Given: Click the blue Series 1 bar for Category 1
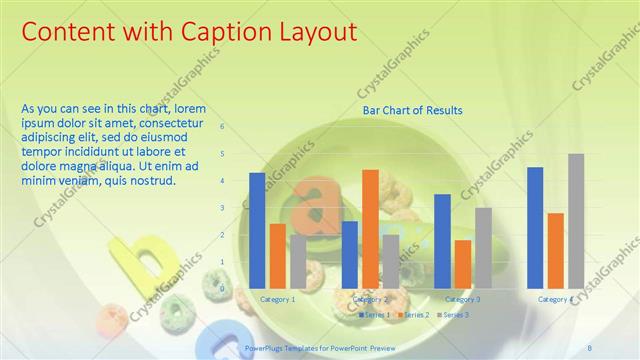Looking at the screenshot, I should click(257, 230).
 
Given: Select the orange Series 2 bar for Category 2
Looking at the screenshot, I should click(370, 228).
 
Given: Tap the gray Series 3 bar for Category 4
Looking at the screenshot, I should click(576, 220).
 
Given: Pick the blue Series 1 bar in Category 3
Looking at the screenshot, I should click(442, 240).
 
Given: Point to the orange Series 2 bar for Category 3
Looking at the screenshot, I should click(462, 263).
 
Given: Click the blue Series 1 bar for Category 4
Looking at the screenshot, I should click(535, 227).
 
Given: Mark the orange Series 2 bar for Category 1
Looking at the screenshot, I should click(278, 255).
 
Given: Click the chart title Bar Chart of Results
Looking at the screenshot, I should click(412, 110).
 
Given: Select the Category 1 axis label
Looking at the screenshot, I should click(277, 299).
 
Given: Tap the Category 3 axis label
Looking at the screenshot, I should click(462, 299).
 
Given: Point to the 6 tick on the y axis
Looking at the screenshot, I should click(222, 127).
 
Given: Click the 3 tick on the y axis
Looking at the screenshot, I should click(222, 208).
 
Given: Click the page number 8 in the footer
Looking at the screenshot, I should click(589, 347).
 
